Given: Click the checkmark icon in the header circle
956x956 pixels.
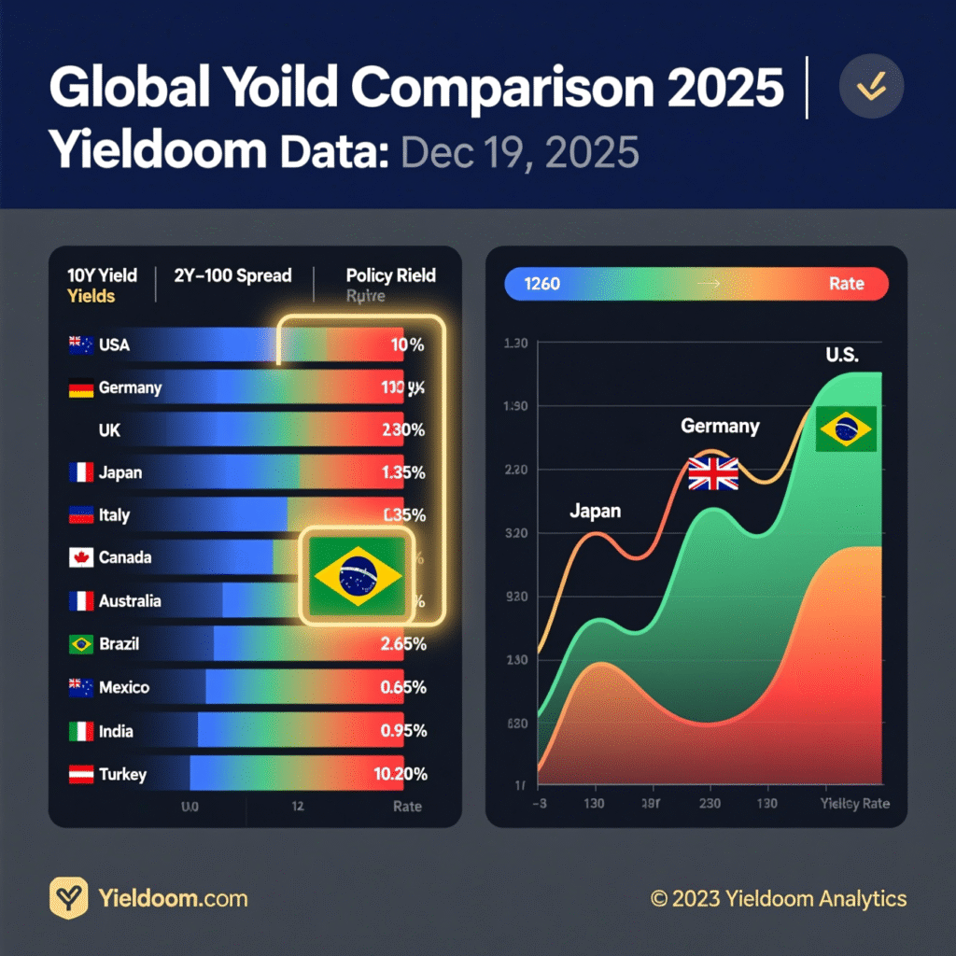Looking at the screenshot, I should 871,86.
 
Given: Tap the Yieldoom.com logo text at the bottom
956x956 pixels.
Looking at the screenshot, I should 173,899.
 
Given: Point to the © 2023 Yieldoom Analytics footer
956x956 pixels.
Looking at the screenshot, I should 779,899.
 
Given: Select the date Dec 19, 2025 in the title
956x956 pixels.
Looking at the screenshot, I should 520,152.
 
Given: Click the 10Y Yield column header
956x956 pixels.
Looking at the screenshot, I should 102,275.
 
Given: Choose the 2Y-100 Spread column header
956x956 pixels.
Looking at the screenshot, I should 232,275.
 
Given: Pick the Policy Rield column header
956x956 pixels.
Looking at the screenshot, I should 390,275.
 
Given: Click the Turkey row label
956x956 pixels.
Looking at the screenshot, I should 122,774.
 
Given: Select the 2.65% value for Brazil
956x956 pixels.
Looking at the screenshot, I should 403,644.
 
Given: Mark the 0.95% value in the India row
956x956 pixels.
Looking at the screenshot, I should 403,731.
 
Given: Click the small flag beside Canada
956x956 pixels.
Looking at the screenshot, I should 80,558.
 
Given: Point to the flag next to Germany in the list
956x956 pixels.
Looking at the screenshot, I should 80,388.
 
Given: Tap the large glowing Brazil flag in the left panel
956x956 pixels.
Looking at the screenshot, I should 358,575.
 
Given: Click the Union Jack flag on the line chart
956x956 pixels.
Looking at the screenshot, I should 713,473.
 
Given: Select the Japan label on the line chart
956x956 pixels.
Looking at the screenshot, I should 595,512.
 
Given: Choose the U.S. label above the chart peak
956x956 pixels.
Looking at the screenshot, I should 842,355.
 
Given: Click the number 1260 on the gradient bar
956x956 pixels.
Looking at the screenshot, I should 542,284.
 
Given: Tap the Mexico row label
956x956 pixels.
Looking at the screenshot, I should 123,688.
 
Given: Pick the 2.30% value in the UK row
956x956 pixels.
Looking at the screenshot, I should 403,431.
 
